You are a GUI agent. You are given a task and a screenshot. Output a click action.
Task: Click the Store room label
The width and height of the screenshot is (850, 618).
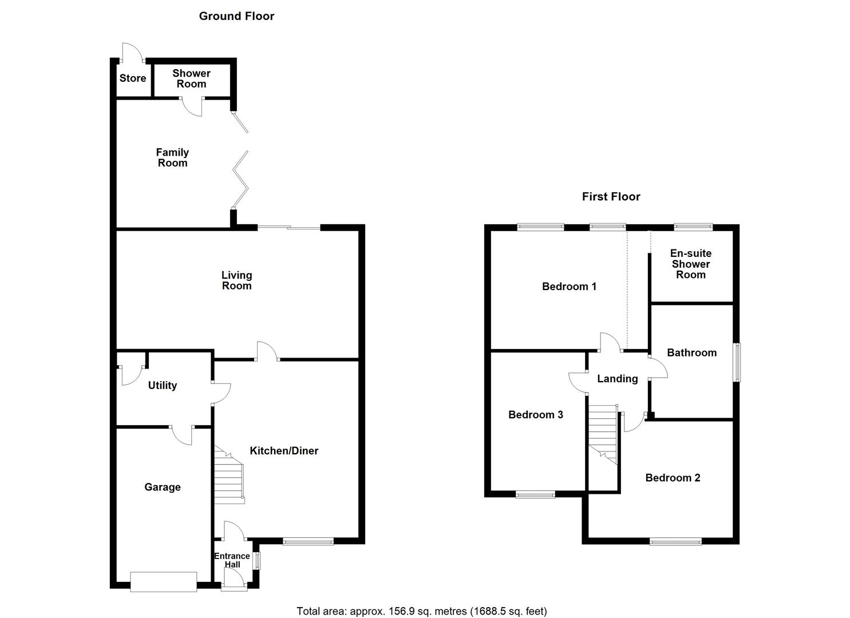coord(132,78)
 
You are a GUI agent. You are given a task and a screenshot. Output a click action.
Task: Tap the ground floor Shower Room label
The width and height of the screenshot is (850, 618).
coord(191,78)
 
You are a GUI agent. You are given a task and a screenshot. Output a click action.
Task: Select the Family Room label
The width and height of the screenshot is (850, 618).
coord(172,157)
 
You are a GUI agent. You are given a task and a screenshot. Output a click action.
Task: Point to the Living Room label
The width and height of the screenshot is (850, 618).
coord(236,280)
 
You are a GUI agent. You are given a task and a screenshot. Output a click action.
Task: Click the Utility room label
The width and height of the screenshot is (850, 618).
coord(162,386)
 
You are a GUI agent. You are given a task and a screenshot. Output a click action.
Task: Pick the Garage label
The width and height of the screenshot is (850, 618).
coord(162,487)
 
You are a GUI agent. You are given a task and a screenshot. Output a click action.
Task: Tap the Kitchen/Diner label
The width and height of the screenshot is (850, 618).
coord(284,451)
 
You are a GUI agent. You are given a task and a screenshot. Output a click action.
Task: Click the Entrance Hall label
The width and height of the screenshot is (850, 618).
coord(232,560)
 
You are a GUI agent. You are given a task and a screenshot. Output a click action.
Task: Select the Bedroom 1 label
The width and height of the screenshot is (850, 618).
coord(569,287)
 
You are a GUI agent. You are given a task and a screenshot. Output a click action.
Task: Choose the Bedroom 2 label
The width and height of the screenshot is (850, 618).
coord(673,478)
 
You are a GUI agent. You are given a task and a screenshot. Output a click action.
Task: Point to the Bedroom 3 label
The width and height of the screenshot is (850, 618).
coord(536,415)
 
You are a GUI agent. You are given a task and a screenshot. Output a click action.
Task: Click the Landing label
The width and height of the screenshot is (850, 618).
coord(617,379)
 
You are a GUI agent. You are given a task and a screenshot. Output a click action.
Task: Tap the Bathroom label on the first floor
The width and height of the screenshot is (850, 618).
coord(691,353)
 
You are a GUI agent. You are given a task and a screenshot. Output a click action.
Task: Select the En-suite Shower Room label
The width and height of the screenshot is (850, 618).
coord(691,264)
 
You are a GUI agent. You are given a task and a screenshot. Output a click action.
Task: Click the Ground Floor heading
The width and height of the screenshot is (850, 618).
coord(236,16)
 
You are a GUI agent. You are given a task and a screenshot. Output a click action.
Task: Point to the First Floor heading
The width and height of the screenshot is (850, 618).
coord(611,197)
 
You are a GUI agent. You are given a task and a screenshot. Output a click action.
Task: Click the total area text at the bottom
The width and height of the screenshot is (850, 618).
coord(421,611)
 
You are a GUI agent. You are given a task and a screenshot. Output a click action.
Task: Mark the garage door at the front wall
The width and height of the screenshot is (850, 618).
coord(164,581)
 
